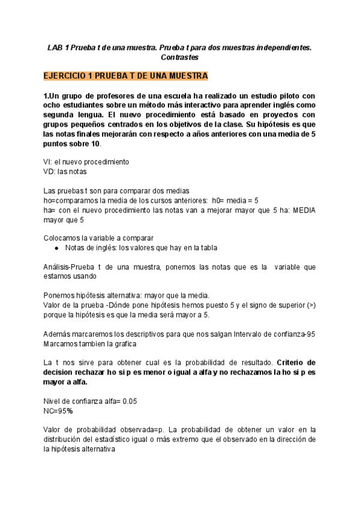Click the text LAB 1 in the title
tap(58, 46)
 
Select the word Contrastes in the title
tap(179, 57)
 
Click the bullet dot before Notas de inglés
tap(56, 248)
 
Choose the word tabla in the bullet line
tap(207, 248)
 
